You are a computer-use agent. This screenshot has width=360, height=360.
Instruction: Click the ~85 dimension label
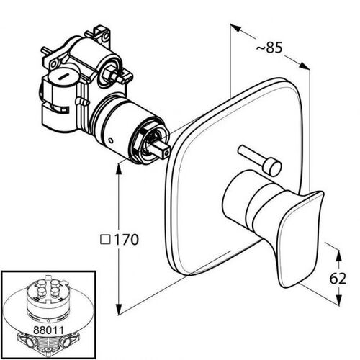[269, 48]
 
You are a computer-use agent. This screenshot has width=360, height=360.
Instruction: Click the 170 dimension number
[127, 239]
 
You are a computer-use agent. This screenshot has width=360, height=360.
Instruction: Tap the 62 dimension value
[338, 279]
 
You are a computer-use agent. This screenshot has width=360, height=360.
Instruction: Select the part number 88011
[48, 330]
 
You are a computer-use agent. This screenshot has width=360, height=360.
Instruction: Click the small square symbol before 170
[105, 240]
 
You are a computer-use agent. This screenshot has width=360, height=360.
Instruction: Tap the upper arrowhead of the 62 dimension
[338, 256]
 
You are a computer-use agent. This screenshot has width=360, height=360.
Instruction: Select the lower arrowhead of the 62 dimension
[338, 300]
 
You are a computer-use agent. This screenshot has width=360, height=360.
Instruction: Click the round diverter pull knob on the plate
[272, 166]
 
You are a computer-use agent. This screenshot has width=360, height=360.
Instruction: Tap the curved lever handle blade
[300, 238]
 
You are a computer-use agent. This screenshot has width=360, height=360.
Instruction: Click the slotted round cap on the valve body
[63, 76]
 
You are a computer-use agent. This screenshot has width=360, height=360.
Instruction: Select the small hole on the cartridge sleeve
[110, 140]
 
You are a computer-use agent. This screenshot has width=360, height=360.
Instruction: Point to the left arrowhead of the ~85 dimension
[235, 27]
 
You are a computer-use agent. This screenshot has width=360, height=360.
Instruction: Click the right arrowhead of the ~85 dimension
[305, 66]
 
